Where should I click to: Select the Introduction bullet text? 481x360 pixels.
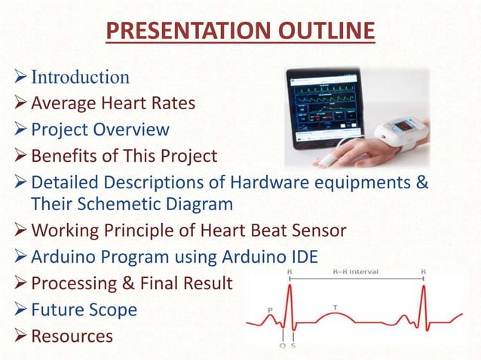coord(80,77)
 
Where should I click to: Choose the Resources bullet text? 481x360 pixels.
coord(72,335)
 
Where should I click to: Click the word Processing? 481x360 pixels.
coord(76,283)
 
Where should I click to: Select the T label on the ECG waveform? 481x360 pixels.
coord(334,307)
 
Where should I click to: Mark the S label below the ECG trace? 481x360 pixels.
coord(293,347)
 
